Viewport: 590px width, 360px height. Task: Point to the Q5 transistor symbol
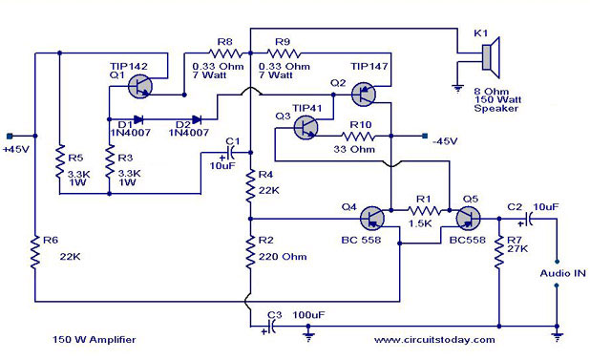click(x=467, y=219)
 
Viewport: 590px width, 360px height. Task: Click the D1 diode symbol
click(x=139, y=120)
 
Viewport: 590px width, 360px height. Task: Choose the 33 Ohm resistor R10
click(x=359, y=137)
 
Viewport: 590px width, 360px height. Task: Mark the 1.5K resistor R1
click(x=422, y=209)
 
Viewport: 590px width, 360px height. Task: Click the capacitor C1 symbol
click(x=231, y=152)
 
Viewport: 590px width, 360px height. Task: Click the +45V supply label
click(x=17, y=150)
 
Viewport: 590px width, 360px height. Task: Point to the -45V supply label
click(x=442, y=140)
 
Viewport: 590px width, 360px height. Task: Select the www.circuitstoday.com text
click(x=434, y=340)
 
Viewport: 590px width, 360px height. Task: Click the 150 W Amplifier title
click(x=88, y=340)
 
